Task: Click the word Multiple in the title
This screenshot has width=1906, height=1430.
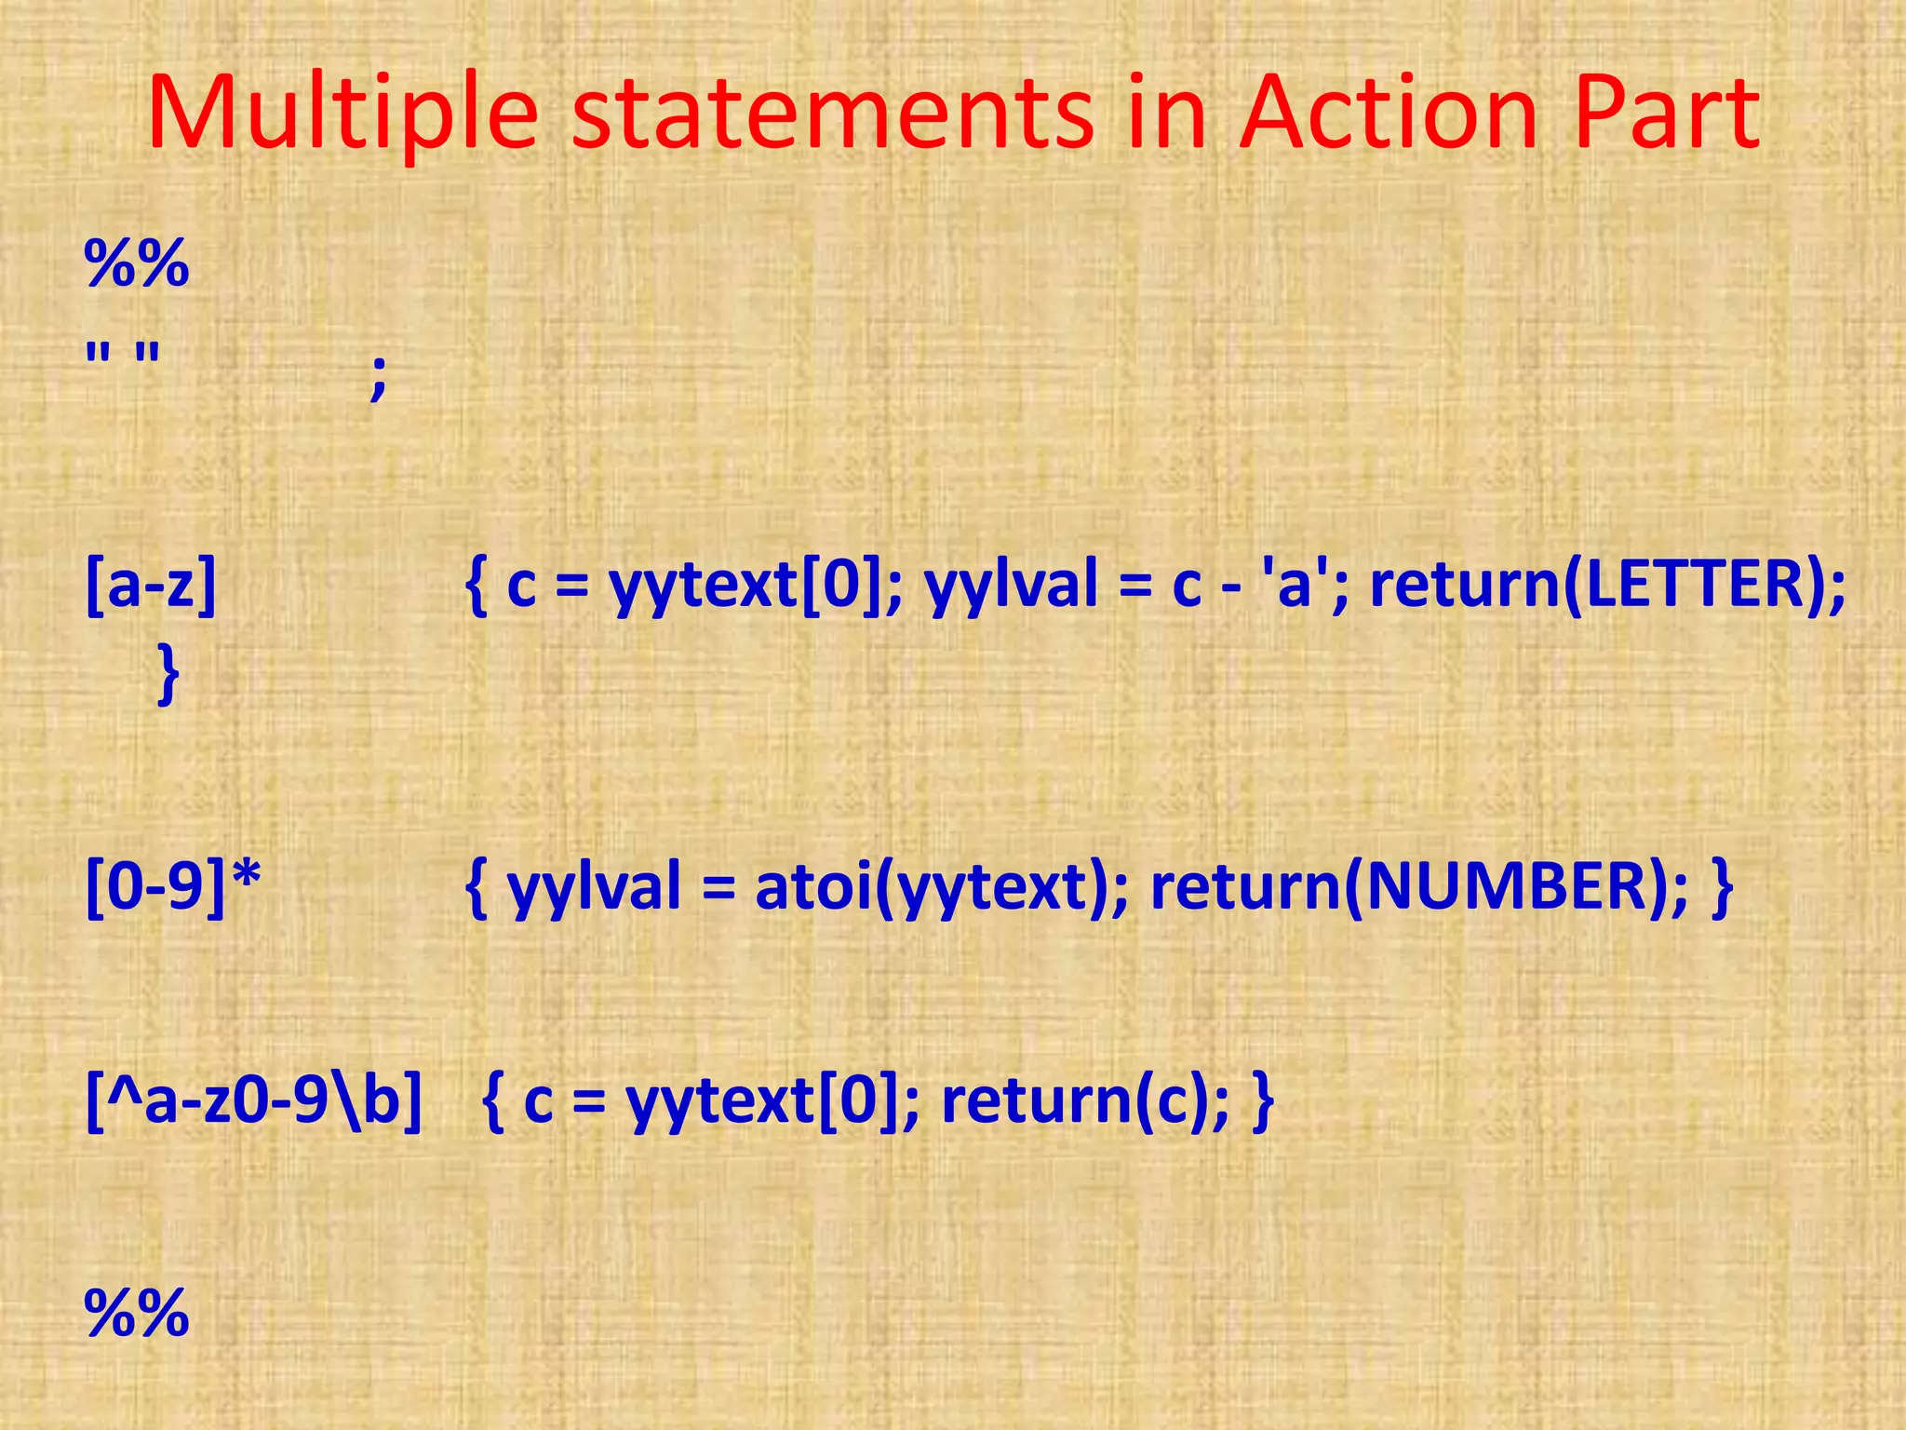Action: pos(342,114)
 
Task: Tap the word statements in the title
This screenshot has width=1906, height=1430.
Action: pos(831,114)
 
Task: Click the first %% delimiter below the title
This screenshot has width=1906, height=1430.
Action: pos(137,264)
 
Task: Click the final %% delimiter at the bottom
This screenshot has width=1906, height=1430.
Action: pos(137,1314)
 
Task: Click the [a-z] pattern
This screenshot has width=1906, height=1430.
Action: pos(151,587)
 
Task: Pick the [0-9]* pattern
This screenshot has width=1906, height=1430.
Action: pos(173,886)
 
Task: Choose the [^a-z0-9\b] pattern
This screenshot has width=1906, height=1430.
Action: pos(253,1101)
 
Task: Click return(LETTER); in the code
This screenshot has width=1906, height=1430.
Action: pos(1607,587)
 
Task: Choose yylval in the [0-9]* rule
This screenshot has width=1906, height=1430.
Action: pos(595,888)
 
